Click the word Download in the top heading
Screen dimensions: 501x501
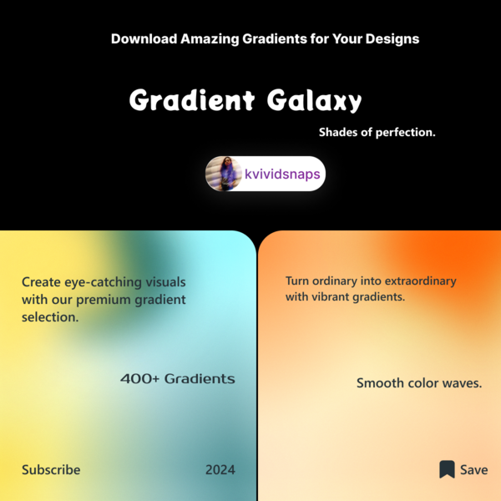pyautogui.click(x=144, y=39)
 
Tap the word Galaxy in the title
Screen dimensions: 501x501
pyautogui.click(x=314, y=100)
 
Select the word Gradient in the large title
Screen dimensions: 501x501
pyautogui.click(x=192, y=99)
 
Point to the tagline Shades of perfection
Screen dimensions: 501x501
pyautogui.click(x=377, y=132)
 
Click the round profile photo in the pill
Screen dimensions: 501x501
pyautogui.click(x=224, y=174)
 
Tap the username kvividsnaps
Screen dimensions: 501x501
pyautogui.click(x=282, y=175)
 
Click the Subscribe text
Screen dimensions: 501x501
pyautogui.click(x=51, y=469)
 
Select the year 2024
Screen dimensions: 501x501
pyautogui.click(x=220, y=469)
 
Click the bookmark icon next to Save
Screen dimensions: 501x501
pyautogui.click(x=447, y=469)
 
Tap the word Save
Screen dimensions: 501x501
pyautogui.click(x=473, y=469)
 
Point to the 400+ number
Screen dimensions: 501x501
pyautogui.click(x=139, y=378)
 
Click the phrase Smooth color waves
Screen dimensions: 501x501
pyautogui.click(x=419, y=382)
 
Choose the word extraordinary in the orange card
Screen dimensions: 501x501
pyautogui.click(x=421, y=281)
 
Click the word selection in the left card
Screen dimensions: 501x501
pyautogui.click(x=50, y=317)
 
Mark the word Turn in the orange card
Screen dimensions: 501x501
pyautogui.click(x=297, y=281)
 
